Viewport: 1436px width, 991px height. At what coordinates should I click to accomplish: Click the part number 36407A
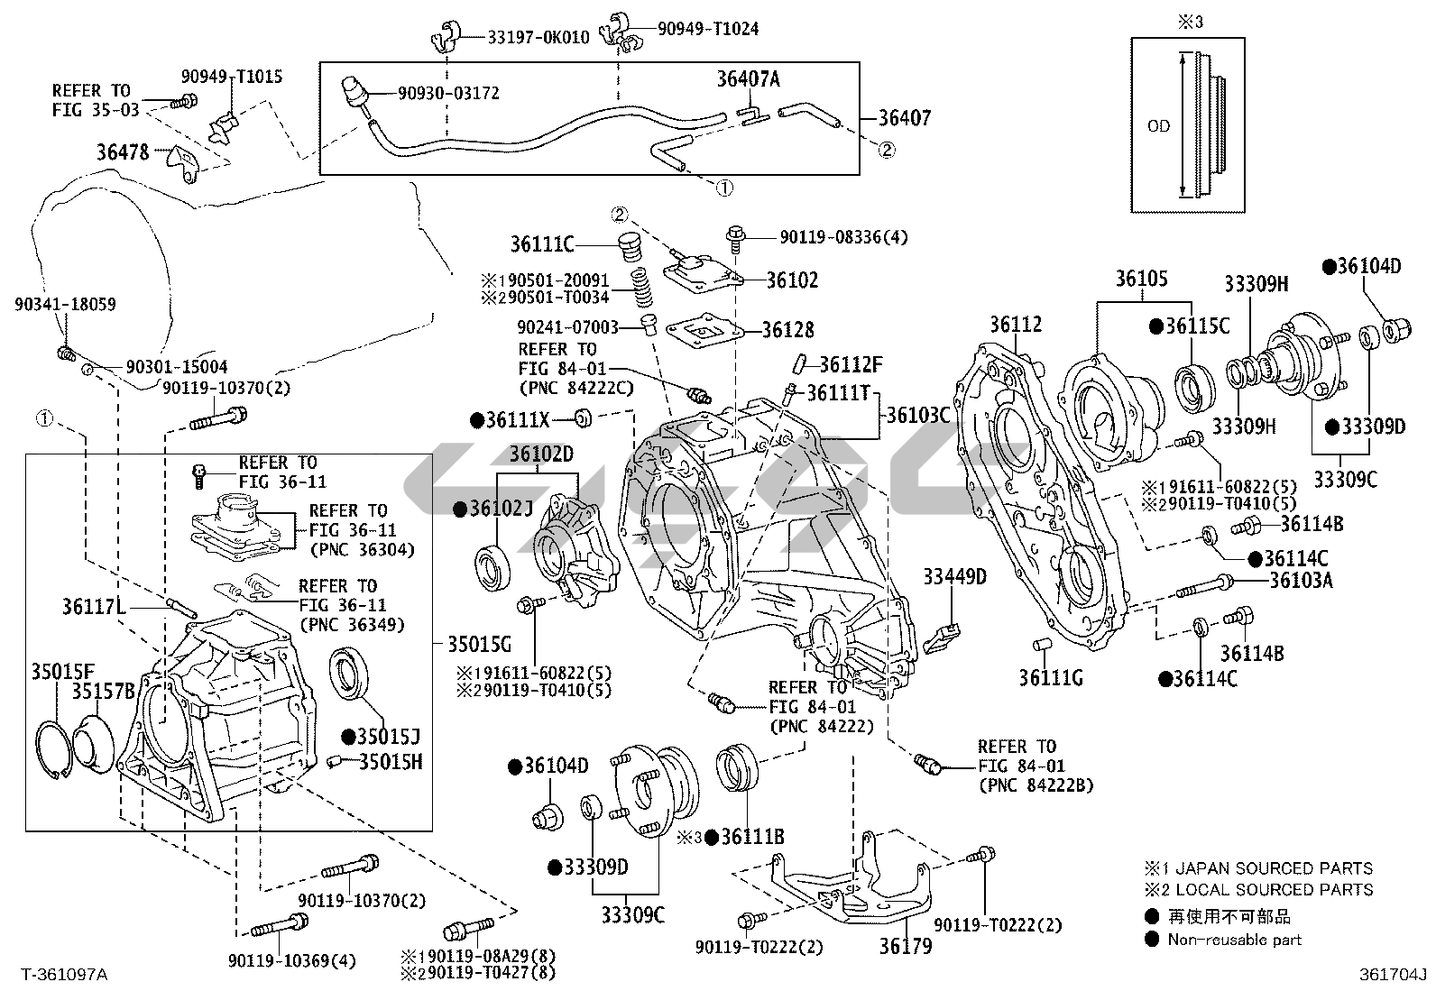coord(748,79)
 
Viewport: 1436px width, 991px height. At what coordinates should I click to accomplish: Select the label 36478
coord(123,152)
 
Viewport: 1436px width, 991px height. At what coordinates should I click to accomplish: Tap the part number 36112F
coord(851,364)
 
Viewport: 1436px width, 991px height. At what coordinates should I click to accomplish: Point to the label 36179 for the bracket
coord(907,946)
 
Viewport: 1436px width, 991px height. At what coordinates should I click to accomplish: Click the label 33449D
coord(954,576)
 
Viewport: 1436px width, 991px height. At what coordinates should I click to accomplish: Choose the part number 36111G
coord(1051,677)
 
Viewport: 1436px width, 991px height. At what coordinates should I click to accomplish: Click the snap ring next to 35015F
coord(55,748)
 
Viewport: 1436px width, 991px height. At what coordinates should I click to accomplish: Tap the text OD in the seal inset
coord(1158,126)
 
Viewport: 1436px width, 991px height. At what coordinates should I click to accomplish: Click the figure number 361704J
coord(1394,974)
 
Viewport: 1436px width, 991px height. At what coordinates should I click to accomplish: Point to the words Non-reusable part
coord(1234,940)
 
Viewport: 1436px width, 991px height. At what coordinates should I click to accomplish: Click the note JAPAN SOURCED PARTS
coord(1270,868)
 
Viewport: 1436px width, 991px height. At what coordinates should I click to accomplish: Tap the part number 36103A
coord(1301,580)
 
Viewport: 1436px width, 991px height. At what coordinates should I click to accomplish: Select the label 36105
coord(1141,279)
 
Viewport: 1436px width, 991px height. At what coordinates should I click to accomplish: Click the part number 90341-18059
coord(65,305)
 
